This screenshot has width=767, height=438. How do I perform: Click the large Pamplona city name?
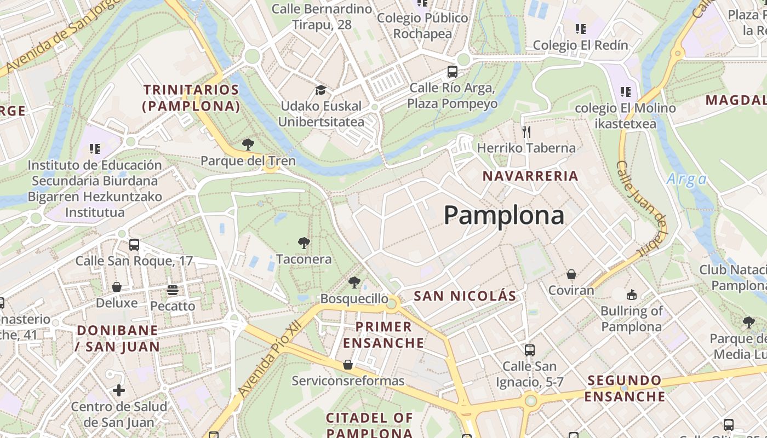click(x=503, y=215)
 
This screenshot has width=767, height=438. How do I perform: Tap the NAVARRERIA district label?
click(x=530, y=176)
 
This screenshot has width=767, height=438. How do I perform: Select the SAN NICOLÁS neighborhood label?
click(x=465, y=296)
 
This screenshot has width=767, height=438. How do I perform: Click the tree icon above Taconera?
click(x=303, y=243)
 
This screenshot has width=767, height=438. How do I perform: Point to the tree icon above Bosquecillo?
click(x=354, y=283)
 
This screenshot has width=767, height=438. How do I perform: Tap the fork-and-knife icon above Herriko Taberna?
click(x=526, y=131)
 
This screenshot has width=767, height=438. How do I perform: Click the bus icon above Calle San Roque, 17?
click(x=134, y=245)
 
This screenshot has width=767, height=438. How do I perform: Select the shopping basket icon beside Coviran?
click(x=571, y=274)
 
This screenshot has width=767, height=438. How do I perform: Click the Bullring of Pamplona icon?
click(x=631, y=295)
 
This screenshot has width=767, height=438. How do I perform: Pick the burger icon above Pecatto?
click(x=173, y=290)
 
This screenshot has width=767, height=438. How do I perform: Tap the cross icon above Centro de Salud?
click(x=119, y=390)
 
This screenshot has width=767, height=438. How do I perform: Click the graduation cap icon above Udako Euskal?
click(x=320, y=90)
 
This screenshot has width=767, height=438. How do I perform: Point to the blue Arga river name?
click(x=686, y=179)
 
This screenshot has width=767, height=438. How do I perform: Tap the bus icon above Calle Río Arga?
click(x=452, y=71)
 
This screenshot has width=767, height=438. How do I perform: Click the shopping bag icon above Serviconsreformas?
click(x=347, y=365)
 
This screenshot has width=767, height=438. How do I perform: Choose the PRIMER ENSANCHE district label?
click(x=383, y=335)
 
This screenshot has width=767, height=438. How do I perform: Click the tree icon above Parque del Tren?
click(x=248, y=145)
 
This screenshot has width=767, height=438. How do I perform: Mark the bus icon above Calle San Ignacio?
click(x=529, y=350)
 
